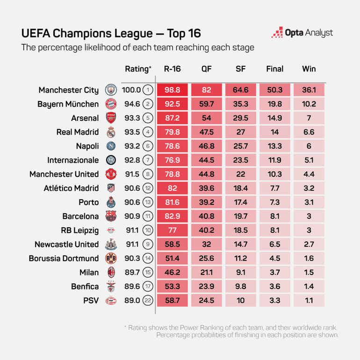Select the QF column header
tap(207, 69)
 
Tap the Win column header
tap(309, 69)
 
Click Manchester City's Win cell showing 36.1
tap(309, 90)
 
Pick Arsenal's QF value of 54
tap(207, 118)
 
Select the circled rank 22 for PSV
tap(148, 300)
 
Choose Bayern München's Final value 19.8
tap(275, 104)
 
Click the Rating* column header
tap(138, 69)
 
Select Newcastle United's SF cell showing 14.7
tap(241, 244)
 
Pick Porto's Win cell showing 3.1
tap(309, 202)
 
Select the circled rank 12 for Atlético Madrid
tap(148, 188)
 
